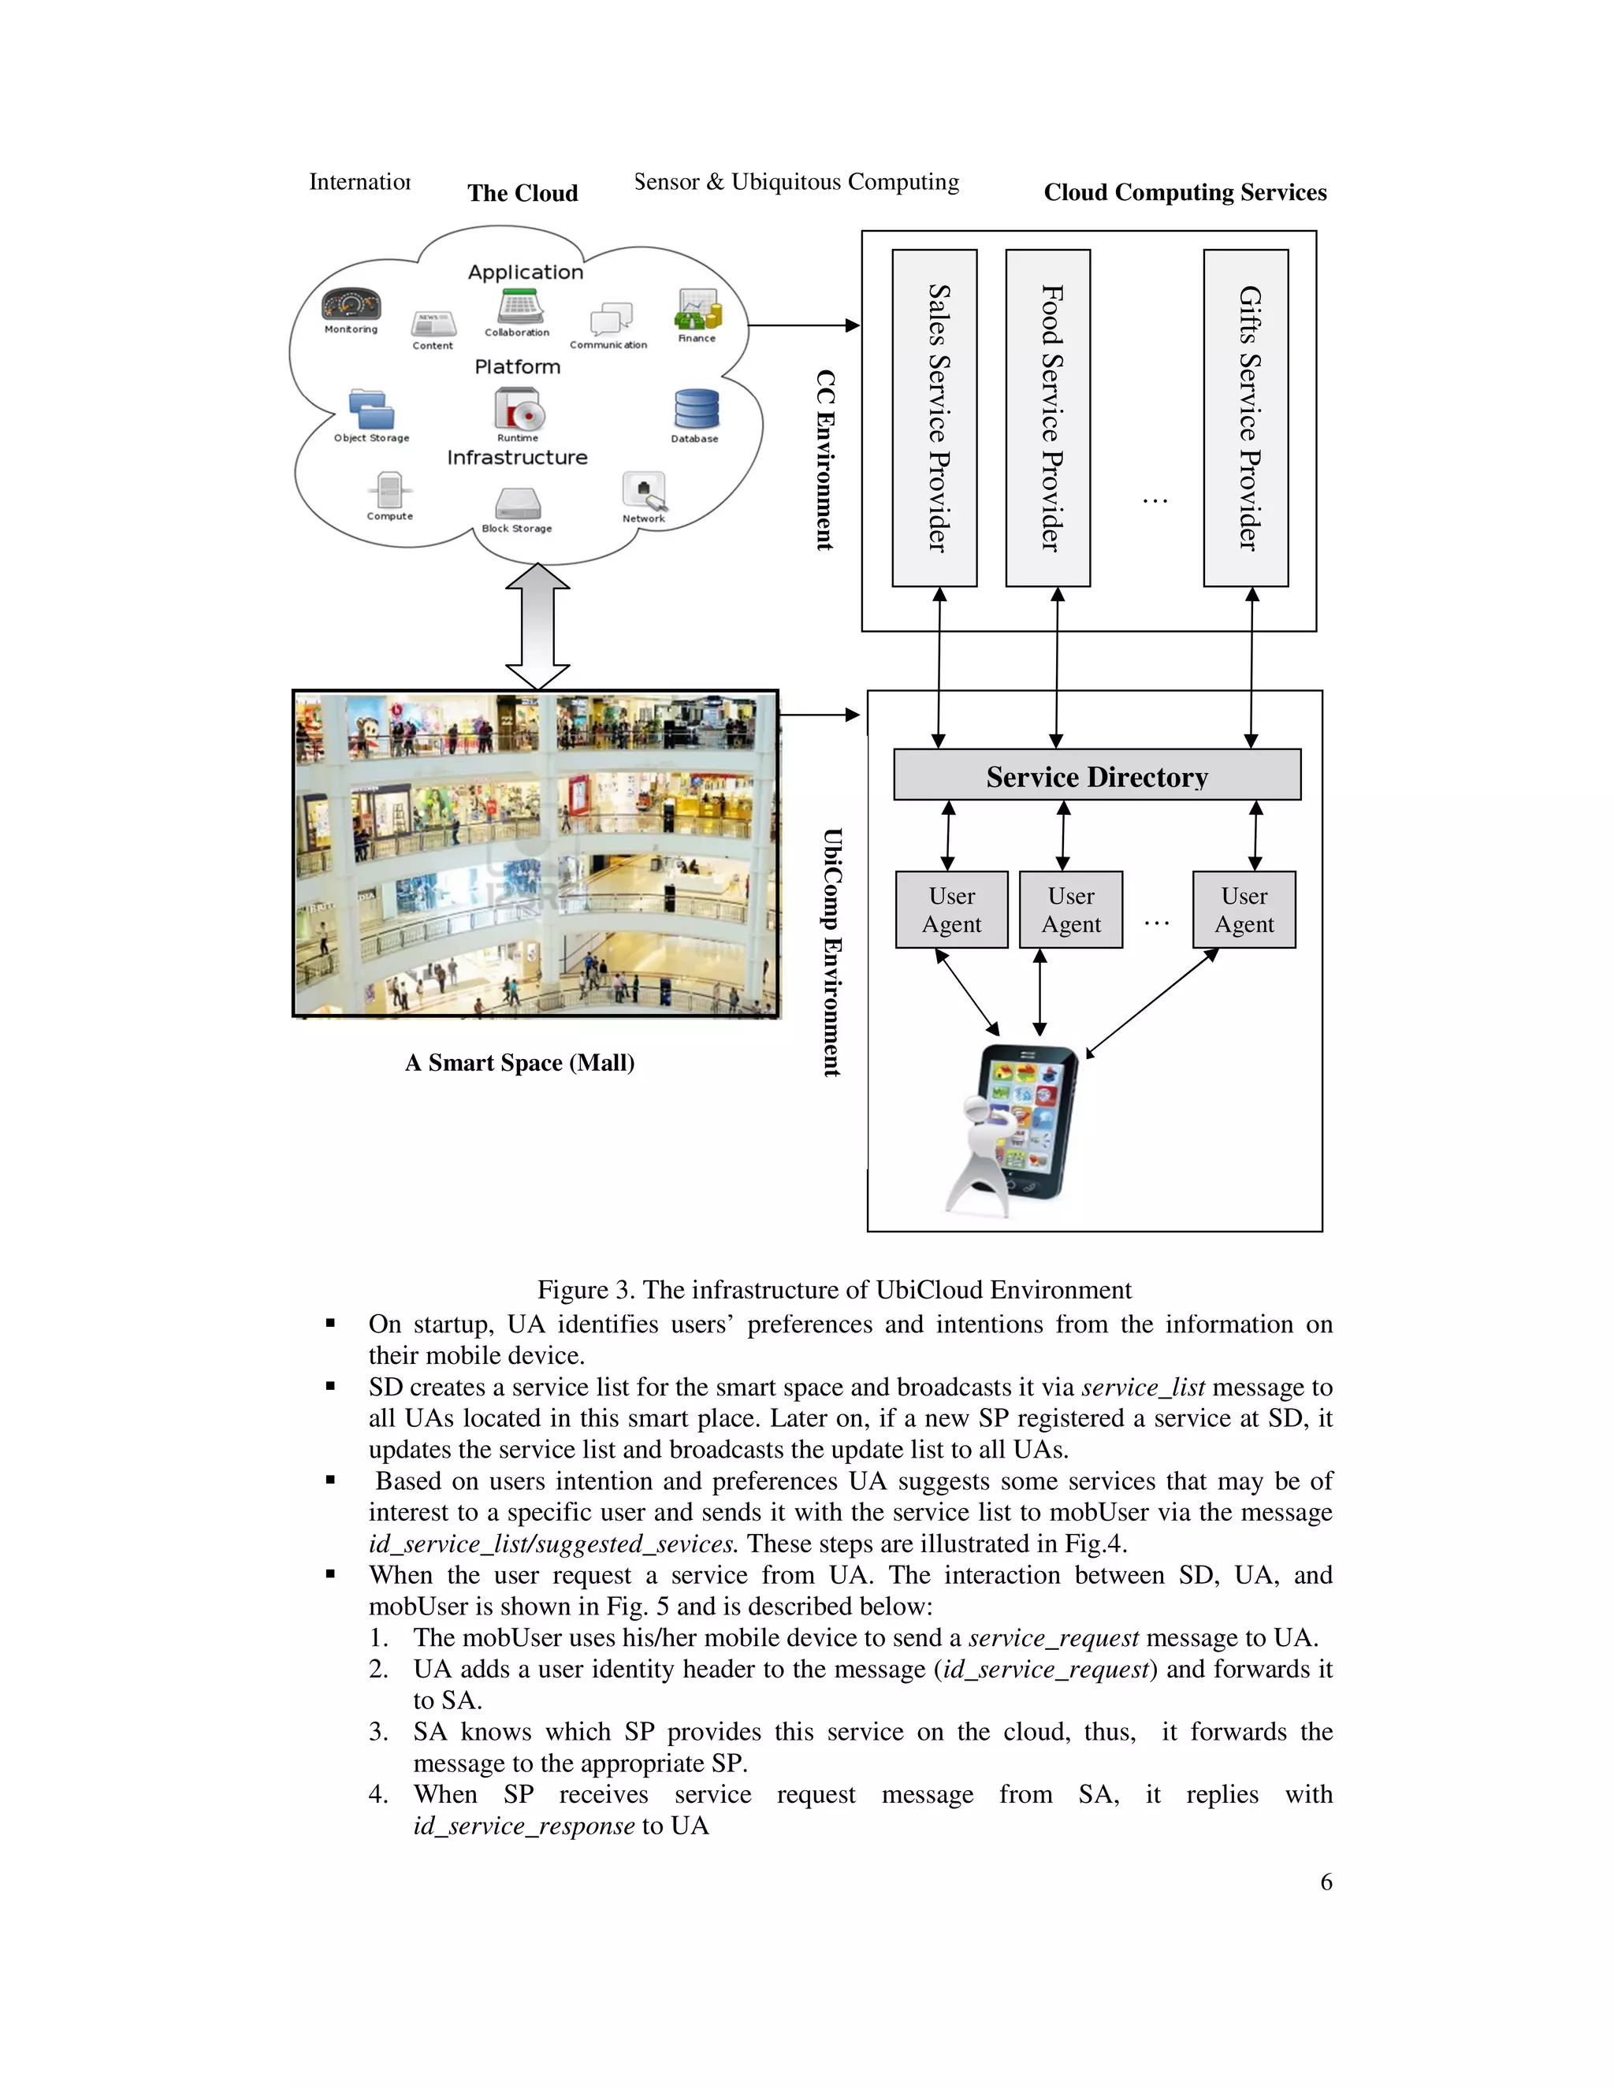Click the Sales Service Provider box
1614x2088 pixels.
pos(934,418)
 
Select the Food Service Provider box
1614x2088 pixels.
pos(1048,418)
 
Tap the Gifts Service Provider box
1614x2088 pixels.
pos(1246,418)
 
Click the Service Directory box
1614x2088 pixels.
pos(1097,775)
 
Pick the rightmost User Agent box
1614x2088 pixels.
pos(1244,909)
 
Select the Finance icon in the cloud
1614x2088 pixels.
pos(698,310)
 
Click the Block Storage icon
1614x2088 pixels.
pos(517,503)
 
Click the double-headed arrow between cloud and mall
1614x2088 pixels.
pos(537,626)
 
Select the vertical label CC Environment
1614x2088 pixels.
pos(824,460)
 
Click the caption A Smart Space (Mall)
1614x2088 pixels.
pos(519,1063)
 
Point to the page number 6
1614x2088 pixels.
pos(1326,1882)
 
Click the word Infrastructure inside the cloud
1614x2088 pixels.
pos(517,457)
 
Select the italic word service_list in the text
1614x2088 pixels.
pos(1143,1388)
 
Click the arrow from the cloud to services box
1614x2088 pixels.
pos(803,326)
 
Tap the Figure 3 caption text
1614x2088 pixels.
pos(834,1290)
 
